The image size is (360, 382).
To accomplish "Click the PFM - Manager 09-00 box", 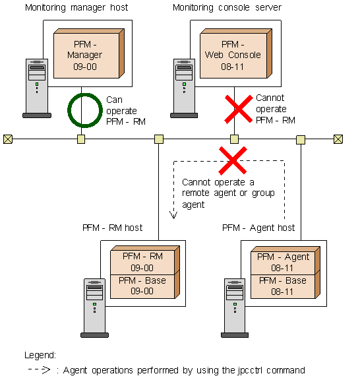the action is (x=89, y=53).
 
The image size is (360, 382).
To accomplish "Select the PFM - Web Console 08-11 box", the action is (x=236, y=53).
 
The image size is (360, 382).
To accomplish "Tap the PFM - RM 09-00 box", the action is (x=145, y=260).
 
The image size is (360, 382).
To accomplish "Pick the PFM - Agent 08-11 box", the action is (x=285, y=261).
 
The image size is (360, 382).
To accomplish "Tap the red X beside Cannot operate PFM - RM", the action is (x=239, y=109).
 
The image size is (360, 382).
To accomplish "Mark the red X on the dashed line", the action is (x=233, y=160).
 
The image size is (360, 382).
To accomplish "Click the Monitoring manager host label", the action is (x=76, y=7).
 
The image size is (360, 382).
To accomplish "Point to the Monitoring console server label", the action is (x=227, y=7).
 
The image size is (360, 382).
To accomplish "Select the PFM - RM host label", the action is (x=113, y=228).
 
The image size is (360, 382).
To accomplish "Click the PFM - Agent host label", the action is (x=258, y=228).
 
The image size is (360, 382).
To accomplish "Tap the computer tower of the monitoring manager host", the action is (x=37, y=88).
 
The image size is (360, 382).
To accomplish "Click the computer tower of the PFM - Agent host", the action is (x=235, y=308).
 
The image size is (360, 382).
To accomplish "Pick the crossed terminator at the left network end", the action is (x=8, y=139).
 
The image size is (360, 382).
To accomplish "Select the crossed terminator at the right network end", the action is (x=338, y=139).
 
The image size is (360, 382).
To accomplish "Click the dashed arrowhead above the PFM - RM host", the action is (x=173, y=215).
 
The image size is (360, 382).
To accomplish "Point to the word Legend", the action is (x=40, y=355).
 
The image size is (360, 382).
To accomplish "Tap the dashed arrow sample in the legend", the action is (x=39, y=370).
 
